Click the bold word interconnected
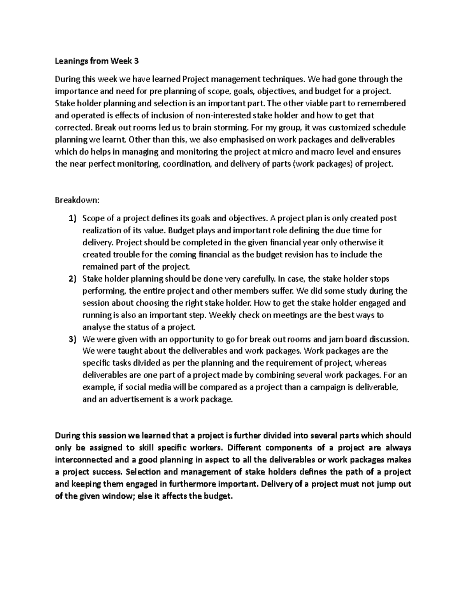(x=81, y=460)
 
